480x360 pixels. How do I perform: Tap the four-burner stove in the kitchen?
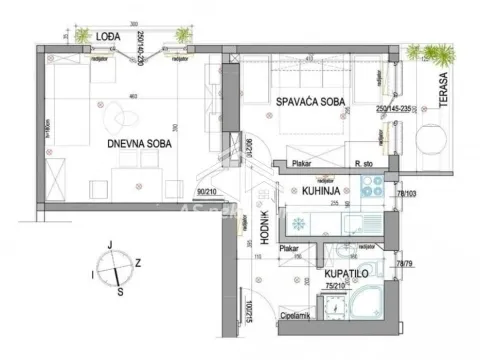(372, 185)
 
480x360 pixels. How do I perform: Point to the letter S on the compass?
(120, 291)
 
